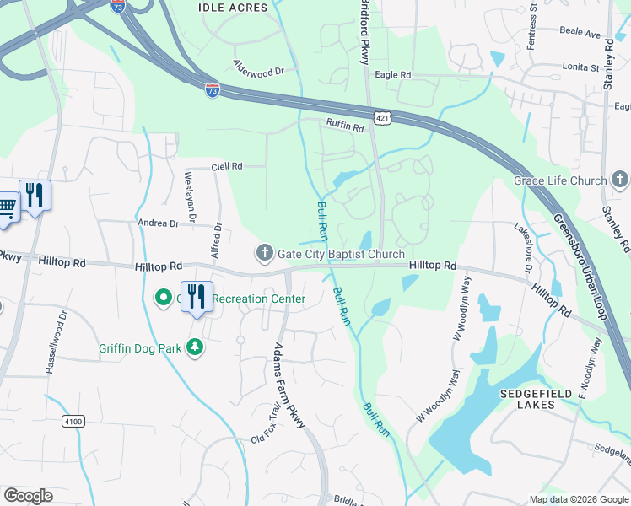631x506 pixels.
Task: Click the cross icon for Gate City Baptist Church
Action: [264, 253]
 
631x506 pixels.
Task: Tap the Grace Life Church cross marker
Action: [620, 180]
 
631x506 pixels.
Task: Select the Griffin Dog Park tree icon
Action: [196, 347]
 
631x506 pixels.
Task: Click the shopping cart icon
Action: [7, 205]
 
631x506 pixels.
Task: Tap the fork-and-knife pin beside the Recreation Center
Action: [197, 297]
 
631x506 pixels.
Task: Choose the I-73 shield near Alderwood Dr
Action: [213, 88]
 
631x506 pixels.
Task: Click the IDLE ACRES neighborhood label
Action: [232, 8]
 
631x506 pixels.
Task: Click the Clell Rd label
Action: [226, 166]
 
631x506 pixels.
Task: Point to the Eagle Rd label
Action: [393, 75]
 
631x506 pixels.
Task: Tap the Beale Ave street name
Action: [580, 35]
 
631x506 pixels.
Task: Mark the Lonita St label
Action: [580, 67]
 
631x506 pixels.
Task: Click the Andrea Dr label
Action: [159, 223]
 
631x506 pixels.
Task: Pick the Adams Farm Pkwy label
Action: [289, 385]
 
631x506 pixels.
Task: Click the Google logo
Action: [28, 496]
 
